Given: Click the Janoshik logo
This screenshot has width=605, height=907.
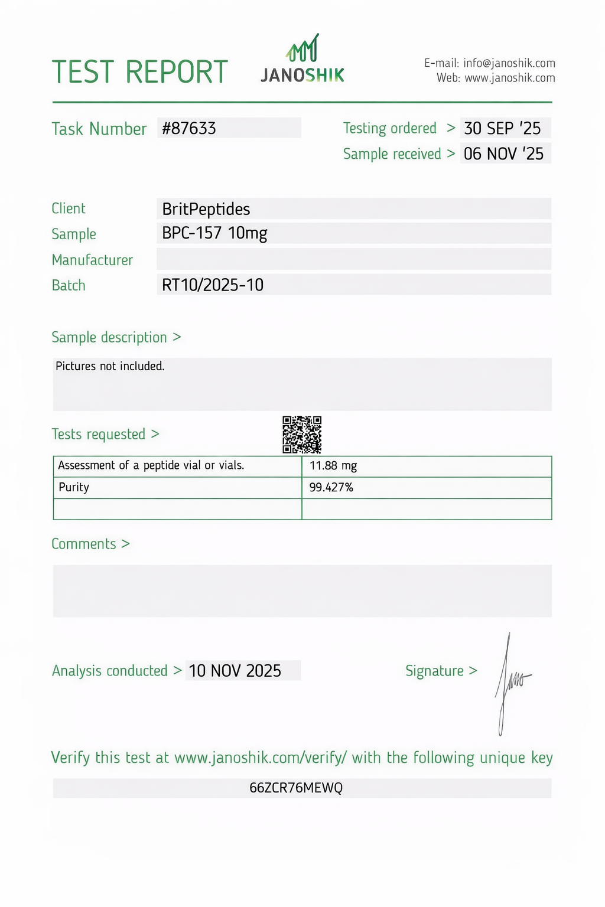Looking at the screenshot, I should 302,59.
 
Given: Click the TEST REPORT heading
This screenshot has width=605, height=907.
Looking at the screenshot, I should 140,72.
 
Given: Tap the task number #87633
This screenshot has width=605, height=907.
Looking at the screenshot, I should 189,128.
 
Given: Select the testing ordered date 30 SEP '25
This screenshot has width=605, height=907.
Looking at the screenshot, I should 502,128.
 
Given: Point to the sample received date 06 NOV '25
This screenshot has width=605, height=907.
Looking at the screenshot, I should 503,154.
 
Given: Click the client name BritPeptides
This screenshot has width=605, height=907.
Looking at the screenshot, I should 206,209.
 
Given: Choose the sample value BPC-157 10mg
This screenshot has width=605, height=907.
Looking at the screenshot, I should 214,233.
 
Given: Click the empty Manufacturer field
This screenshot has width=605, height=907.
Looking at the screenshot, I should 353,259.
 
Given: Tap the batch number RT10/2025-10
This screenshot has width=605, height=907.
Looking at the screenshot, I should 213,285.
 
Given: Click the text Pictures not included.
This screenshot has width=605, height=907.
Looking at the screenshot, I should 110,366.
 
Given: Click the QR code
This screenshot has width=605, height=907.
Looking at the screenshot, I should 302,435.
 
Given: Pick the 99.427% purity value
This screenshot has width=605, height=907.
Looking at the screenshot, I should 331,487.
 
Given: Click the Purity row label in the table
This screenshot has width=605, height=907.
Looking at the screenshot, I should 74,487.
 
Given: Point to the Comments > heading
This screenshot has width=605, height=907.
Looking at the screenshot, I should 90,544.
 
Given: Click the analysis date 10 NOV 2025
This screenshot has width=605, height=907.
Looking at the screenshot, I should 235,671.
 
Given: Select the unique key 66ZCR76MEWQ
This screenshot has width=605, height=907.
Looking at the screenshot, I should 296,788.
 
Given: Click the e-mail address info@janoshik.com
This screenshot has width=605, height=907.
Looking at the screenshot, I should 509,63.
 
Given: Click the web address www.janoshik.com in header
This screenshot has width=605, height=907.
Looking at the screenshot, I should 509,78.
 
